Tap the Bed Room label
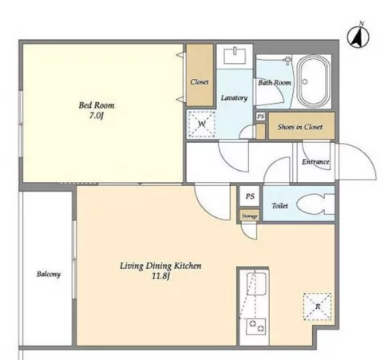click(97, 105)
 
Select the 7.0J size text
click(97, 116)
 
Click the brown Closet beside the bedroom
click(200, 75)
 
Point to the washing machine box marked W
click(201, 124)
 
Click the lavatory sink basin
click(235, 55)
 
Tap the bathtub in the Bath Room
click(312, 81)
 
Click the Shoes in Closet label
click(300, 127)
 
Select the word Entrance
click(315, 161)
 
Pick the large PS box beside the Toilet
click(249, 196)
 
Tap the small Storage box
click(249, 216)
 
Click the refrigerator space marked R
click(318, 307)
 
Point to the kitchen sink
click(256, 283)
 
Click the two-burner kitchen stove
click(256, 326)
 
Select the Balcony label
click(49, 274)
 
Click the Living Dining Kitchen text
click(160, 266)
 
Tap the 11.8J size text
click(160, 276)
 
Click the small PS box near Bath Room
click(261, 117)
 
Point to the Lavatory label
click(234, 98)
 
